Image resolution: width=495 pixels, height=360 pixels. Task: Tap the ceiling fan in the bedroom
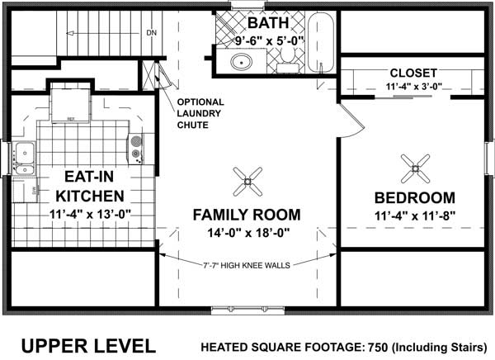coord(414,168)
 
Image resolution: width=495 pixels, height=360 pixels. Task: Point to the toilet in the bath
coord(287,55)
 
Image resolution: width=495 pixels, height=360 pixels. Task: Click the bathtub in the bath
coord(322,41)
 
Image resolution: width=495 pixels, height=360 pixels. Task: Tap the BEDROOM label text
coord(414,198)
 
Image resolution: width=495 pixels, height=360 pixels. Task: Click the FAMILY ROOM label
coord(246,215)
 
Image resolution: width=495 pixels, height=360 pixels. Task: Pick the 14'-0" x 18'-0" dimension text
coord(246,234)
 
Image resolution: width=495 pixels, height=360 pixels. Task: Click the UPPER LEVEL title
coord(87,344)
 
